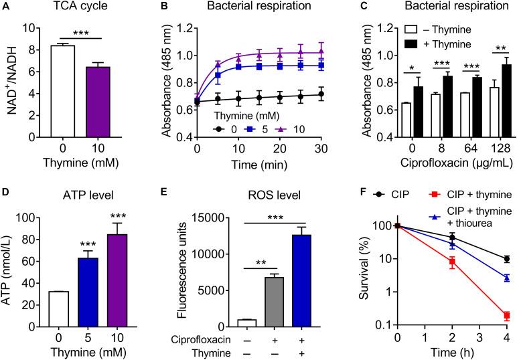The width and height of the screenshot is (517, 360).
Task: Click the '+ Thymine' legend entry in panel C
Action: coord(441,43)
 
